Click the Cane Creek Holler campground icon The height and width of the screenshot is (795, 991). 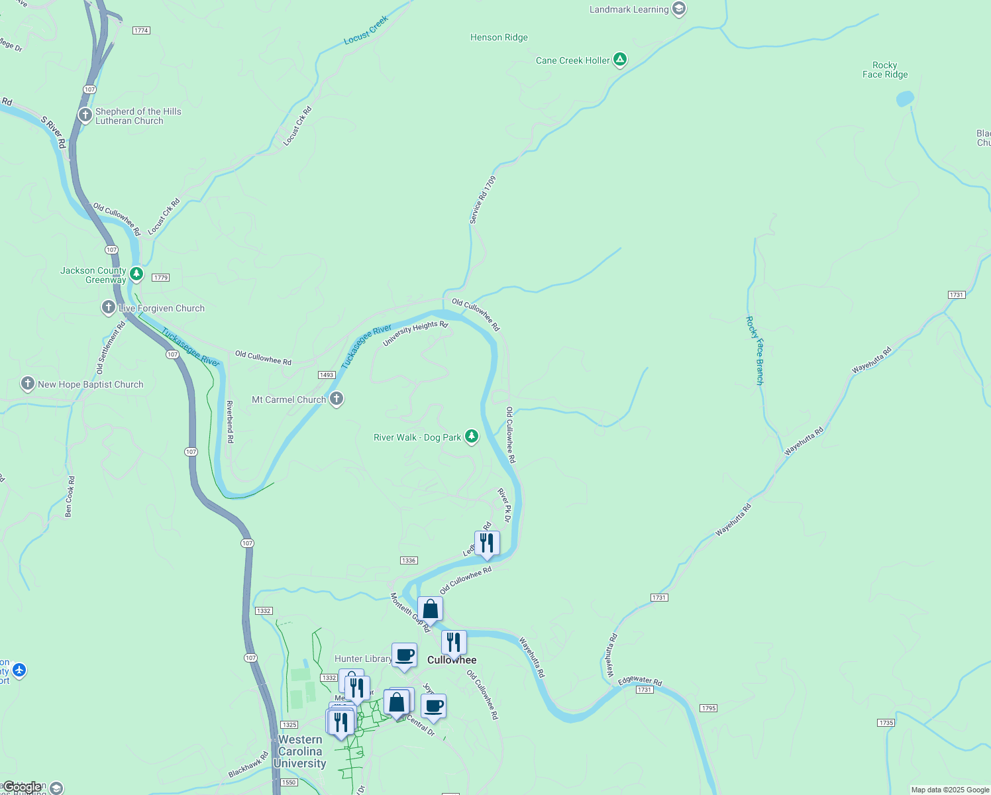click(619, 60)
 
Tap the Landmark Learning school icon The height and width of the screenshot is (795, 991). click(678, 9)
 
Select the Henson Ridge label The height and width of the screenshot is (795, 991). click(499, 38)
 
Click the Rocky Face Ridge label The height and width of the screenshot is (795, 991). click(885, 70)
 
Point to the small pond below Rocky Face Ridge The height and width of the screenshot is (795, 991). click(904, 99)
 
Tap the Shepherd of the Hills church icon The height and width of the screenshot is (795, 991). click(85, 115)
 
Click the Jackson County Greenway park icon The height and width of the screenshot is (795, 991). click(136, 274)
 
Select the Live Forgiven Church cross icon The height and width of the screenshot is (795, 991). click(108, 307)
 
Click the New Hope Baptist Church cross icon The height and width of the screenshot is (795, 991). click(28, 384)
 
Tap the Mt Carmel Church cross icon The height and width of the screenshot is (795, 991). click(337, 399)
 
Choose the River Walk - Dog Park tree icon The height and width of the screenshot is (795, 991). click(471, 436)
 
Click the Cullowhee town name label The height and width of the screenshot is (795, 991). click(452, 660)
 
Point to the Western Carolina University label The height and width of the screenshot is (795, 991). click(300, 751)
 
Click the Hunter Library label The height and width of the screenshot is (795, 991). click(363, 659)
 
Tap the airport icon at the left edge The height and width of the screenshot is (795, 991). click(19, 670)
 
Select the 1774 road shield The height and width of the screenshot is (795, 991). click(141, 30)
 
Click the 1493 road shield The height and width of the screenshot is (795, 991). click(327, 375)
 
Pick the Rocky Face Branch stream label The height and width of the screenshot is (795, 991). click(755, 350)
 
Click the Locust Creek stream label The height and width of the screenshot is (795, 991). click(366, 30)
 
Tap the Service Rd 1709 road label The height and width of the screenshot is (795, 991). click(482, 199)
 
